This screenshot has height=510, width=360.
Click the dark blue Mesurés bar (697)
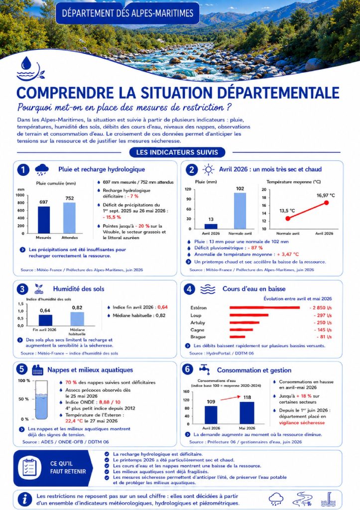coord(44,220)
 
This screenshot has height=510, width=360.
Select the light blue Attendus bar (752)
coord(69,218)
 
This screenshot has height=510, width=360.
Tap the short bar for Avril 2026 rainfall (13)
coord(211,227)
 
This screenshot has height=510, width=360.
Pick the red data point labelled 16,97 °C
coord(326,203)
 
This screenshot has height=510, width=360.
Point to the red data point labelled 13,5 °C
coord(288,219)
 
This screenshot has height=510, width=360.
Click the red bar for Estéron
coord(265,307)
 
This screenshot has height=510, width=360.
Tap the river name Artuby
coord(198,323)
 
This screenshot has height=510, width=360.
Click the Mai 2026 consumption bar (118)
coord(247,413)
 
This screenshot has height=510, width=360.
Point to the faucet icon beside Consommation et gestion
coord(204,370)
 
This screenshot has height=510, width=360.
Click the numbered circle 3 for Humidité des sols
coord(22,289)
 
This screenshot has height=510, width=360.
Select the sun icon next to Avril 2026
coord(208,169)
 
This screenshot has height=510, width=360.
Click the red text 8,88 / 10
coord(110,402)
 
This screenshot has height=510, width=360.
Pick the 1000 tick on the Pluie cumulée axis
coord(20,195)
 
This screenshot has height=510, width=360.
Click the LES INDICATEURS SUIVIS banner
coord(177,152)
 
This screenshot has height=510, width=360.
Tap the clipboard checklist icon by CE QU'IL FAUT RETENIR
coord(29,468)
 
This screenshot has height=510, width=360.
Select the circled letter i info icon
coord(25,499)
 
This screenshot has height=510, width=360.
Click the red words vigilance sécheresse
coord(302,423)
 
